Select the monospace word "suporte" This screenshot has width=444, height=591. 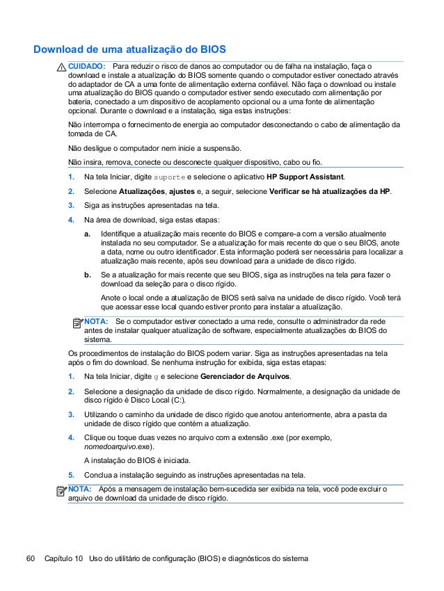pos(168,177)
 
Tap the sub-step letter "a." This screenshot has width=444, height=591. pos(87,234)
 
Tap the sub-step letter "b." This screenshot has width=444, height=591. pos(87,275)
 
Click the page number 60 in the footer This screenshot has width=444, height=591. pos(30,559)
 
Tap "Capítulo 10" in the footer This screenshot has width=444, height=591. pos(63,559)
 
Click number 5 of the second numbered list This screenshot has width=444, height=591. pos(71,476)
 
